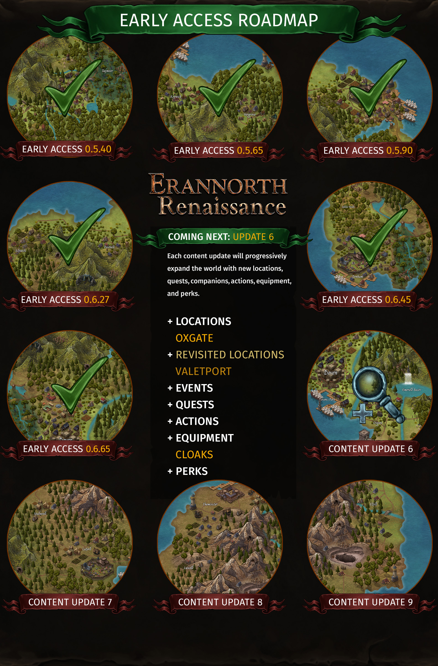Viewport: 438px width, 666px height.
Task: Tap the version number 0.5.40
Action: point(98,149)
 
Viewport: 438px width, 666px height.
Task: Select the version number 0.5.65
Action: point(250,151)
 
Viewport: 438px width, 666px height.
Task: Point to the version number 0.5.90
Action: point(399,151)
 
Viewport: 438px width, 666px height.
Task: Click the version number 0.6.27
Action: point(96,300)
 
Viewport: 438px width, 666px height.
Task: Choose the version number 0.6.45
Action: point(398,300)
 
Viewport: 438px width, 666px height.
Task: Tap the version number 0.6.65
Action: point(98,449)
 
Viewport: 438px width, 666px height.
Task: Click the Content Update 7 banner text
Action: point(70,602)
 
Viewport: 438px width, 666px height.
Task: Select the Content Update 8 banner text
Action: point(220,602)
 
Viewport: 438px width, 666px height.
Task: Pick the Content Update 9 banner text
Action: point(370,602)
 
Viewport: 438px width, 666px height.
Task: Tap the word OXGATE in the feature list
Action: point(194,338)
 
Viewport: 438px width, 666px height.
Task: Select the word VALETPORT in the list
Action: point(203,371)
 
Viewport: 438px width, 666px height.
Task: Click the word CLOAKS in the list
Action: point(194,455)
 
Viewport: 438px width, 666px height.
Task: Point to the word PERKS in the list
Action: point(192,471)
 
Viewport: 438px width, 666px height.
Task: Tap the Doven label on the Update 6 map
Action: point(331,373)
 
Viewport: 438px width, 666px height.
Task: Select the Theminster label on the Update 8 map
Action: point(210,504)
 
